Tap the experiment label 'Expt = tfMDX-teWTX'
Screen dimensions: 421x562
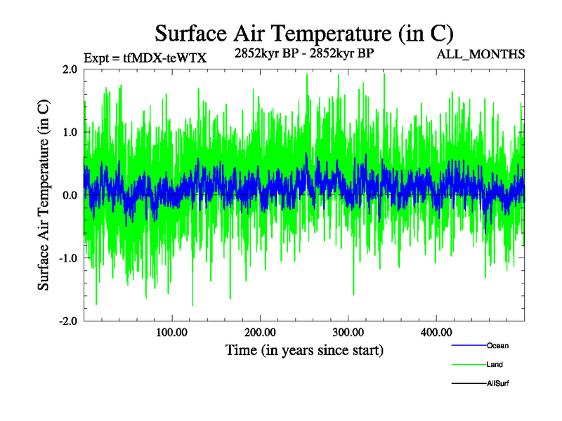(x=145, y=58)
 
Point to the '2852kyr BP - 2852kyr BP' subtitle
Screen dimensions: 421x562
(x=304, y=53)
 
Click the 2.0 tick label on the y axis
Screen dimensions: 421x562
(x=70, y=69)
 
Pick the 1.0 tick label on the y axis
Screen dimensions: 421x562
(x=70, y=132)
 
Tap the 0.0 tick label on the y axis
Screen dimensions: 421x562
(x=70, y=195)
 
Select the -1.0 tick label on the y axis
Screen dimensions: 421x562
(x=67, y=258)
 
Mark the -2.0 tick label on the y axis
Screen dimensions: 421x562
(x=67, y=321)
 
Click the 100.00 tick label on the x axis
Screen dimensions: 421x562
(x=172, y=332)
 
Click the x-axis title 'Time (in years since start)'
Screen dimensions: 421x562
(x=304, y=349)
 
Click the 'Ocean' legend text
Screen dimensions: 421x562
(x=497, y=345)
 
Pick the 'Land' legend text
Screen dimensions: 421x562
(x=495, y=364)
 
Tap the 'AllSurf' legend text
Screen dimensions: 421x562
(x=498, y=383)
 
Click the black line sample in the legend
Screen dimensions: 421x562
(x=468, y=383)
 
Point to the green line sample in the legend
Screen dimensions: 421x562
(x=468, y=364)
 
